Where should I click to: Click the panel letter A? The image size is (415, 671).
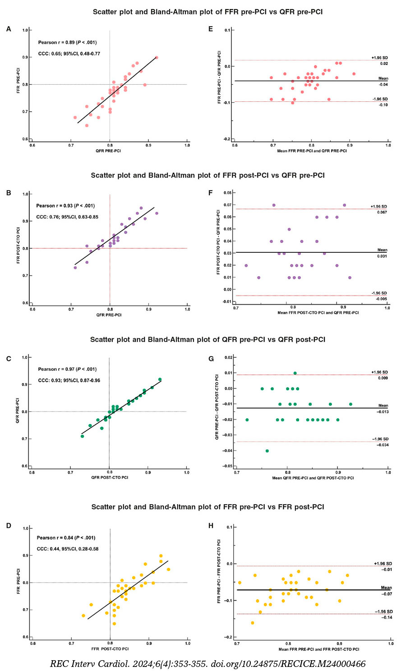click(9, 29)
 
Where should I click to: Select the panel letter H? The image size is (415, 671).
click(211, 526)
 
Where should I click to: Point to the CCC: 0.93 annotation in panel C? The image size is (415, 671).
click(69, 380)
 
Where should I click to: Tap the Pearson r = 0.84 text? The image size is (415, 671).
click(66, 538)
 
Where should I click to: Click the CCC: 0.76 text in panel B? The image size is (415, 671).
click(67, 217)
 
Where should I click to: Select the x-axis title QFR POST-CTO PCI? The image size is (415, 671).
click(109, 477)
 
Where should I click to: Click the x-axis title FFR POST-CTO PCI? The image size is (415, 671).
click(110, 649)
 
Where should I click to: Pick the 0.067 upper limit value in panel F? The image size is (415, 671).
click(382, 212)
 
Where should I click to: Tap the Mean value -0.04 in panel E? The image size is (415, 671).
click(383, 84)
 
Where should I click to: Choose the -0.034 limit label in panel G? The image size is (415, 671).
click(383, 445)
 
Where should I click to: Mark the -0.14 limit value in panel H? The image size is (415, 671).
click(387, 617)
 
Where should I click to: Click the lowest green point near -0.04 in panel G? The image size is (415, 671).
click(267, 451)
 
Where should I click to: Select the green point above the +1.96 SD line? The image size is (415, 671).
click(295, 373)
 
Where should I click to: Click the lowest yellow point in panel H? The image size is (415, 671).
click(252, 623)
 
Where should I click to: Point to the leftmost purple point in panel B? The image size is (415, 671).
click(75, 268)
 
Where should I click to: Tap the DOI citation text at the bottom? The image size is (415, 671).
click(207, 664)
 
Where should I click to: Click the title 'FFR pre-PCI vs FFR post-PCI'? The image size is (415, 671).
click(207, 507)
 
